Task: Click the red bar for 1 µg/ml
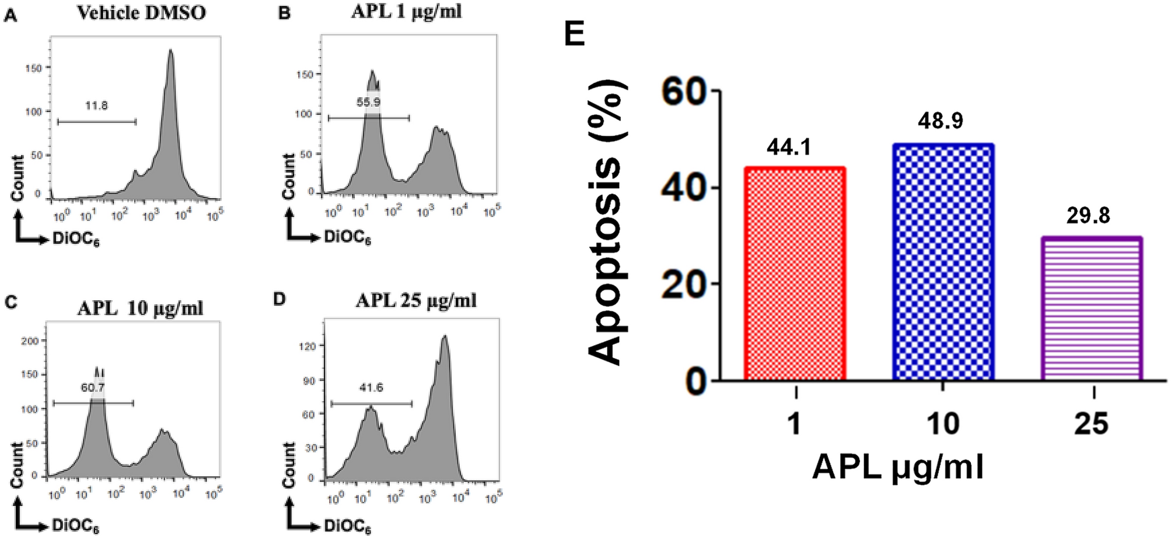(795, 274)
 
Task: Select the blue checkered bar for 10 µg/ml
(943, 262)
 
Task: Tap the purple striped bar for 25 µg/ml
(1092, 309)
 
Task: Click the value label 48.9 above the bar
(940, 121)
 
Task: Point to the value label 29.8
(1088, 216)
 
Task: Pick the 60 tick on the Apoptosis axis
(683, 92)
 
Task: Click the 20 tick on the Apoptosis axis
(683, 285)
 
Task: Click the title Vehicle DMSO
(141, 13)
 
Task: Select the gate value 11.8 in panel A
(96, 106)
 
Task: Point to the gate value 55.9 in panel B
(368, 102)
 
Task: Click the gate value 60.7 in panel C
(93, 387)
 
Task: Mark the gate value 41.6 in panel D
(371, 388)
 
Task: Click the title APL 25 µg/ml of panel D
(415, 300)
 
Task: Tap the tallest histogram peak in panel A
(170, 52)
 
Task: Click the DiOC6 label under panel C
(75, 525)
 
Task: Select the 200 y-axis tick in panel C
(29, 341)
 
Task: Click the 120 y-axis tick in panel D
(307, 346)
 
